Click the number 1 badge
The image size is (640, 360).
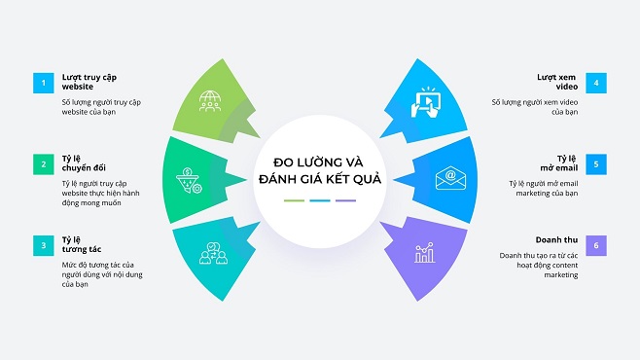click(x=42, y=83)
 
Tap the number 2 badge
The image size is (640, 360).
click(x=42, y=162)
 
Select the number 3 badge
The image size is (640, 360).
click(x=42, y=243)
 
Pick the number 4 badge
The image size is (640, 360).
click(x=596, y=83)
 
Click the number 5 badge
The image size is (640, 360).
click(x=596, y=162)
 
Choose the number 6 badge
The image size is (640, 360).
click(x=596, y=243)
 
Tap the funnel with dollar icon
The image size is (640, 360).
click(x=188, y=179)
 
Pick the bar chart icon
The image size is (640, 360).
click(x=426, y=253)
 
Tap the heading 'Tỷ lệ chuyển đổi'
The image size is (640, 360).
click(x=83, y=162)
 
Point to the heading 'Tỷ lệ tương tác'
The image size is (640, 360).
click(x=80, y=243)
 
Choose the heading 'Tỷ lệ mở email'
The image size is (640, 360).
click(x=565, y=162)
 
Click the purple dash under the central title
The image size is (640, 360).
click(x=345, y=200)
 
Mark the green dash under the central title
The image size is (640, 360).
click(x=294, y=200)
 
